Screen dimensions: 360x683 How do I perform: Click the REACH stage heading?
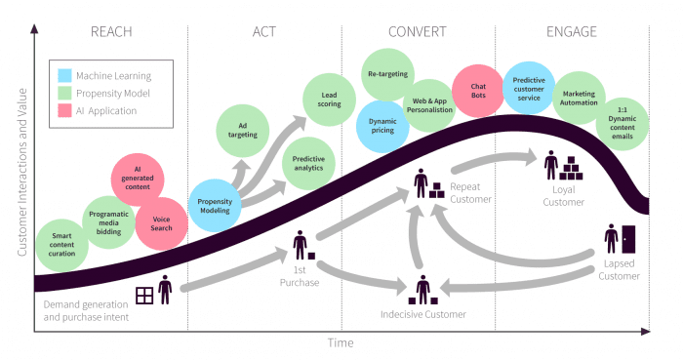point(110,31)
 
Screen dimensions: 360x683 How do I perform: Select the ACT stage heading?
point(263,31)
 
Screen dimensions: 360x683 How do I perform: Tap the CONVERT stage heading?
point(417,31)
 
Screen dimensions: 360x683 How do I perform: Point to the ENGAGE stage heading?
point(570,31)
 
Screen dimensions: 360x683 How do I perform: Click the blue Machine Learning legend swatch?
point(64,75)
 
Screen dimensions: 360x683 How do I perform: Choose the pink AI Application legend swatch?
point(64,110)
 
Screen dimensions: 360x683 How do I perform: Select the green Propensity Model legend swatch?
point(64,93)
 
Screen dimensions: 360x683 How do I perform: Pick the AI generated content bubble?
point(138,179)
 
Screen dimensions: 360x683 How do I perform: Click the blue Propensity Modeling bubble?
point(216,204)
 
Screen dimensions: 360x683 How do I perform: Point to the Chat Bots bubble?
point(478,90)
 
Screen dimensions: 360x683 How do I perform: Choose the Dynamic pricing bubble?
point(382,126)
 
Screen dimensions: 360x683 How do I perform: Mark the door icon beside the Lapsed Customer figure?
point(626,238)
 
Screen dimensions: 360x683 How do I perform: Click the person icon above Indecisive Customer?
point(422,291)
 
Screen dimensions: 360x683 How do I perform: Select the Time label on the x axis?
point(341,343)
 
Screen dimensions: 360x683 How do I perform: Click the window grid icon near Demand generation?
point(144,295)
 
